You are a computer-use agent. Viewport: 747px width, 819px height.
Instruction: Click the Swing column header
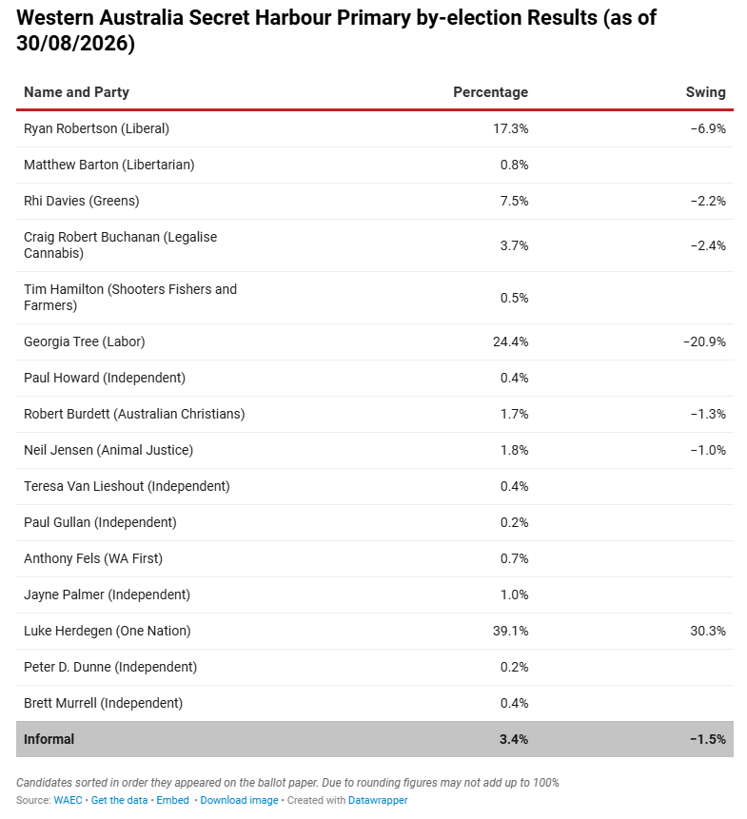705,92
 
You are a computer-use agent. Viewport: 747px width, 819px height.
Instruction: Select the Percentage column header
490,92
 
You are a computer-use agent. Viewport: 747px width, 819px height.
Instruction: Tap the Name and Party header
76,92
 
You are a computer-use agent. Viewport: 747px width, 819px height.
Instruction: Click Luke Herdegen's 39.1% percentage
510,631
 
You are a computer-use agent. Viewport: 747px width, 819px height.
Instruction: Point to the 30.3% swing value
708,631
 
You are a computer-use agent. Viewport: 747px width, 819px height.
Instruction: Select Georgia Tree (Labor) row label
84,341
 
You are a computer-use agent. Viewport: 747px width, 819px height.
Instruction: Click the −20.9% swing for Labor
704,341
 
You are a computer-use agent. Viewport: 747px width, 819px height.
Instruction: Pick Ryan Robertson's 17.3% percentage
510,128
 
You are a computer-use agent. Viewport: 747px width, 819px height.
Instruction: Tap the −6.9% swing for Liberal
708,128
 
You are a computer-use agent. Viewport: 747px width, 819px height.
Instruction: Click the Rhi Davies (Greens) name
82,201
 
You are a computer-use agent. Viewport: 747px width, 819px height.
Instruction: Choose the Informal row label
49,739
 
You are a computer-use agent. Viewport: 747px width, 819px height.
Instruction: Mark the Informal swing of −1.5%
708,739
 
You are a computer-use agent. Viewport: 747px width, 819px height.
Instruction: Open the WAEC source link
68,800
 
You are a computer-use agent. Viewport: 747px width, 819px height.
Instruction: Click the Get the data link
119,800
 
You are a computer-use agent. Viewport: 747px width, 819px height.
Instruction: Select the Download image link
239,800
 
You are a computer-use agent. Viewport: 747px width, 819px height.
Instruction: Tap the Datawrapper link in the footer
378,800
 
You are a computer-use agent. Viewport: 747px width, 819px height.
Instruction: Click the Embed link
172,800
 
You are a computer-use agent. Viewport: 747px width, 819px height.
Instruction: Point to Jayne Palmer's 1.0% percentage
514,595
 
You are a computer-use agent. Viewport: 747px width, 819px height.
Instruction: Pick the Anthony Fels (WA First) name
93,559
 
